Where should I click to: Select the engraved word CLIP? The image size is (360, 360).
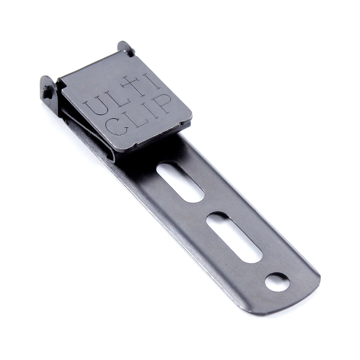pos(138,114)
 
